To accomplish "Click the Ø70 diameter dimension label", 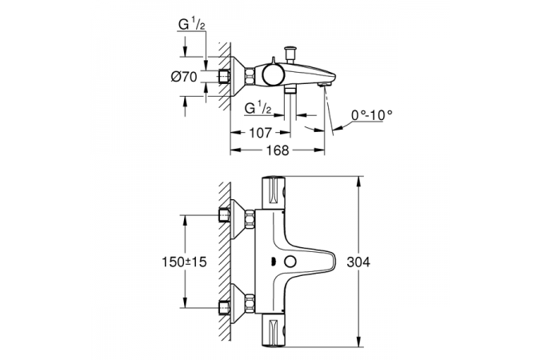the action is click(184, 77).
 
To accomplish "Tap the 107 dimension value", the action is click(260, 132).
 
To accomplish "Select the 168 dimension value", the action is click(278, 150).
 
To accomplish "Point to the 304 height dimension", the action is click(358, 262).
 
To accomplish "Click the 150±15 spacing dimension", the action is click(184, 262).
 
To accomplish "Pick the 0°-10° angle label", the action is click(372, 114).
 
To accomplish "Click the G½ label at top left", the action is click(192, 25).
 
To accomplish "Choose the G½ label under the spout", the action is click(258, 109).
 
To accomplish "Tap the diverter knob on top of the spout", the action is click(290, 54).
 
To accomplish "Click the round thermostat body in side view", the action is click(273, 75).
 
